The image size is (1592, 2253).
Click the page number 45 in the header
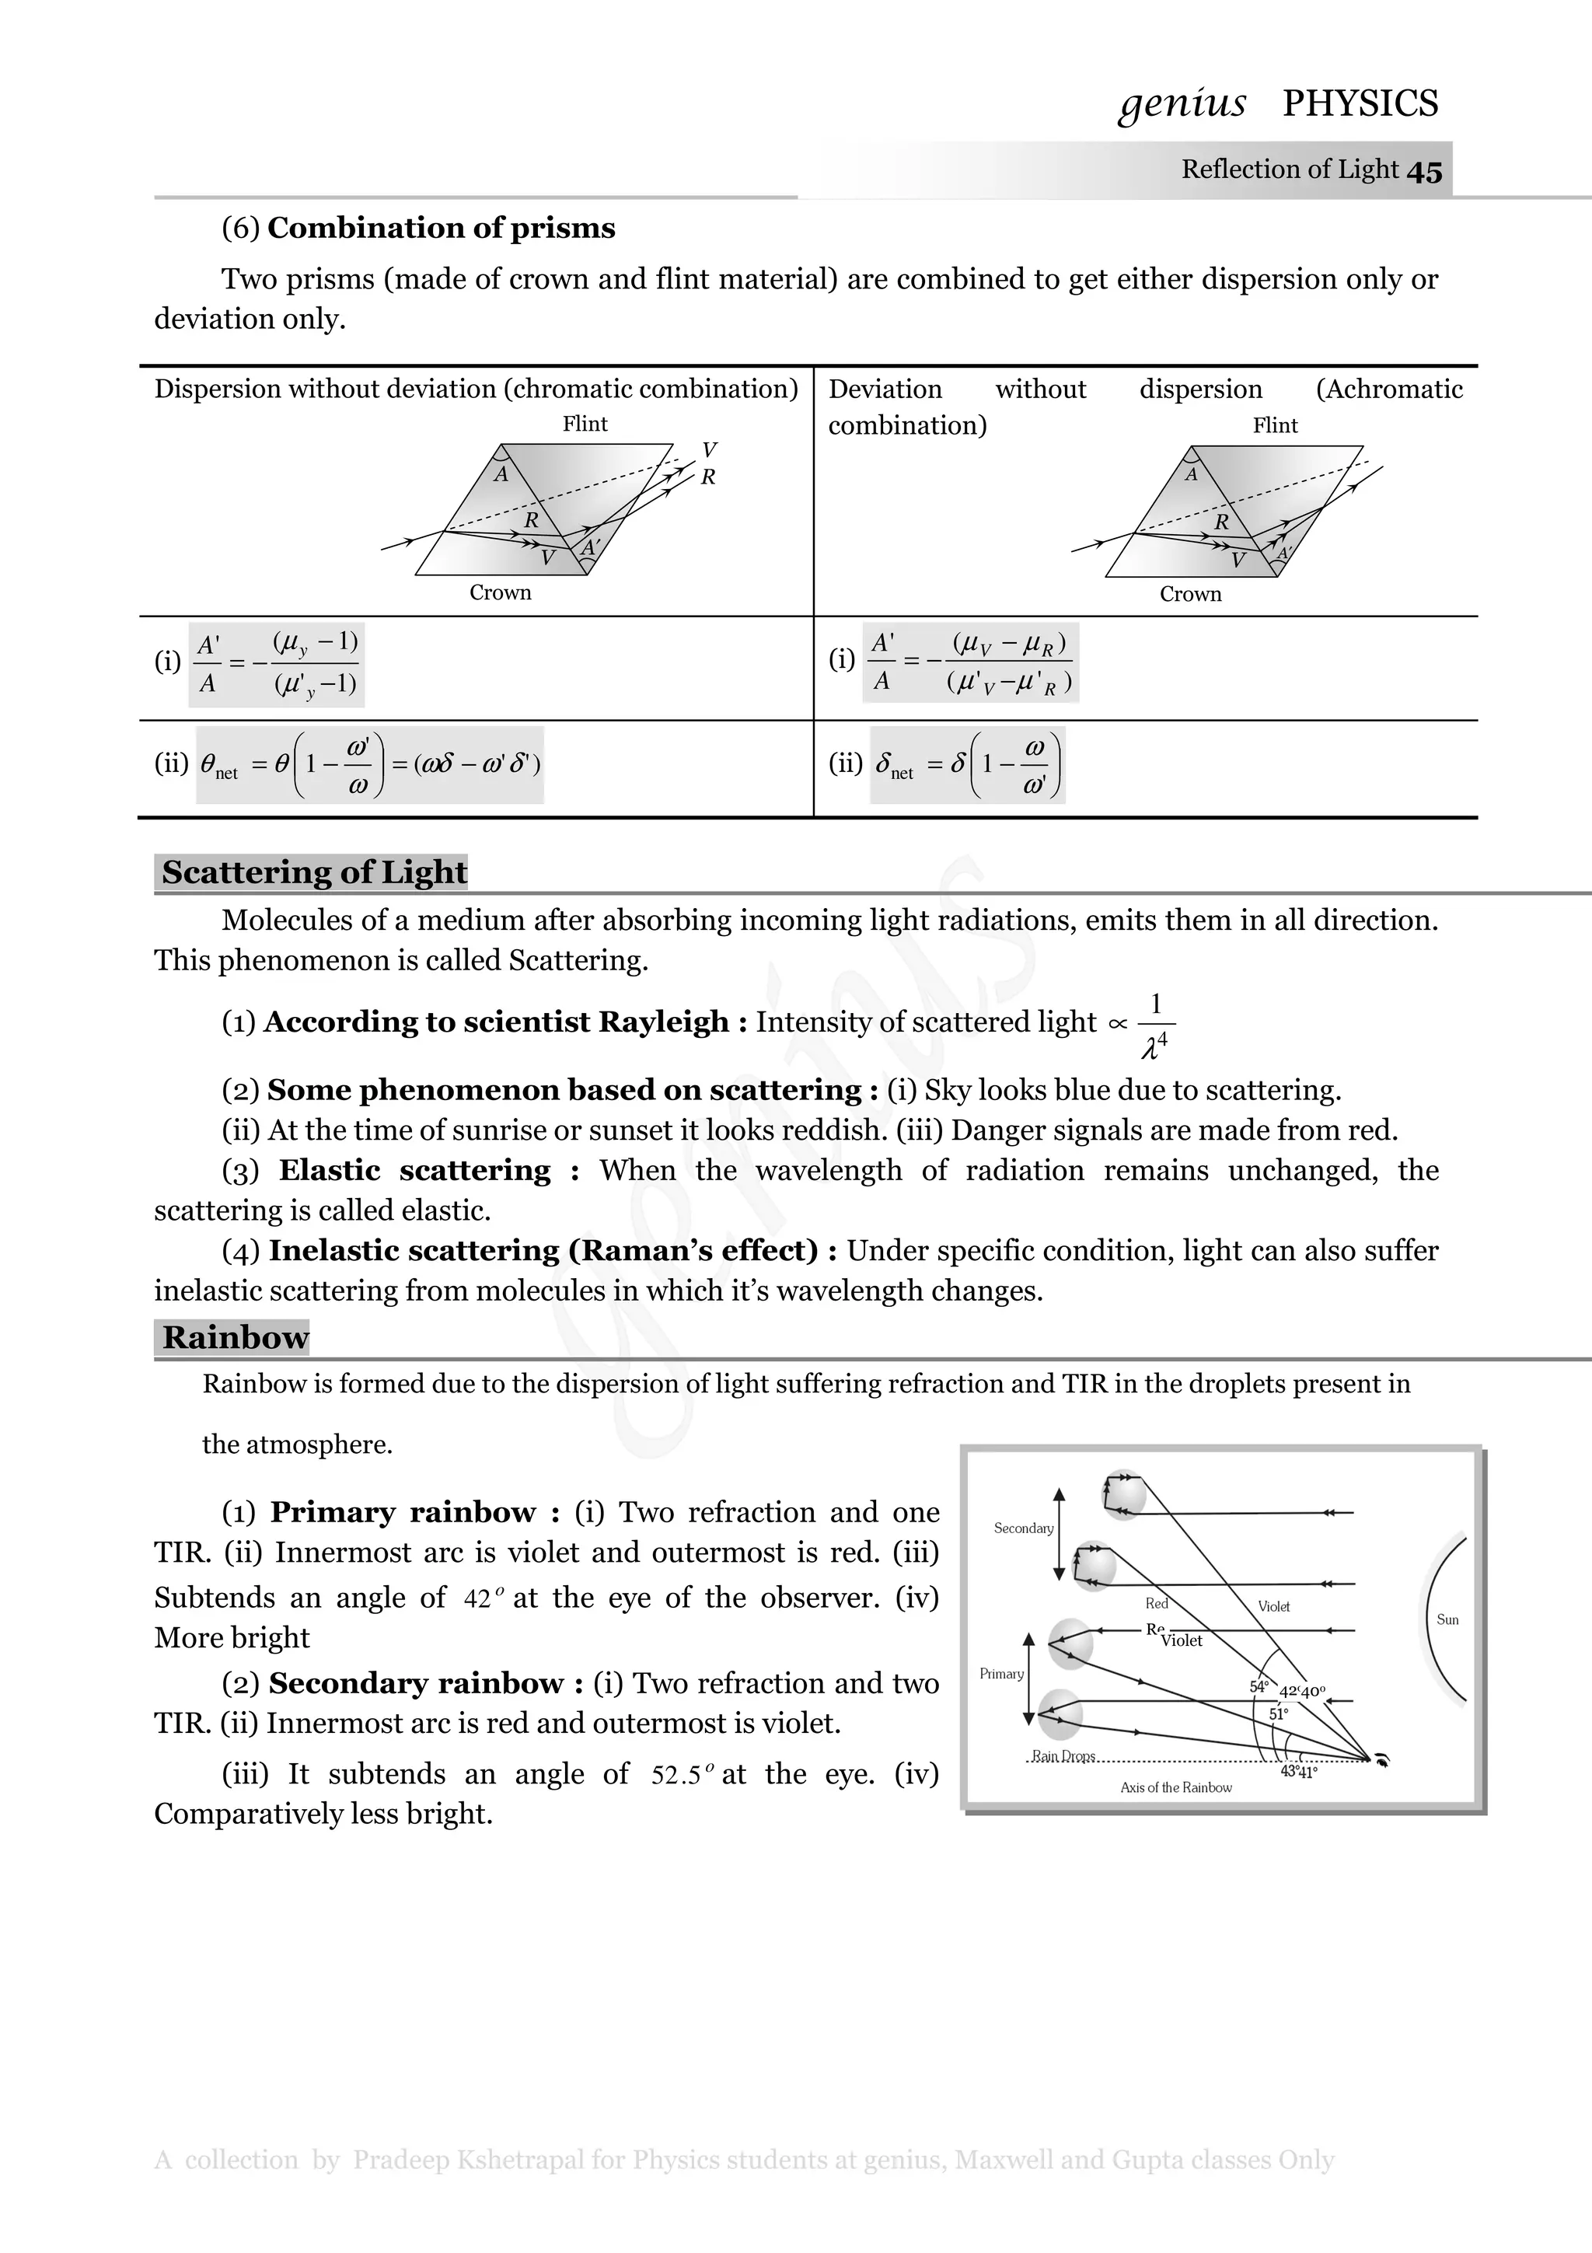click(1424, 172)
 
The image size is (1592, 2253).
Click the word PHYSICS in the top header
click(1360, 103)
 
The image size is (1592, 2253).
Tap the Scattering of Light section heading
click(314, 872)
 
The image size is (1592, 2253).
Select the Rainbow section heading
click(235, 1336)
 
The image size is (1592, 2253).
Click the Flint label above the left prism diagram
click(585, 424)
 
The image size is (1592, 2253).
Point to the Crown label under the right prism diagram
click(1190, 594)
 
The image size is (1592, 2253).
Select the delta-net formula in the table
click(967, 764)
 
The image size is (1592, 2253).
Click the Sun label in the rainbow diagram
click(1447, 1619)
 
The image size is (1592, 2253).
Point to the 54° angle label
click(1259, 1685)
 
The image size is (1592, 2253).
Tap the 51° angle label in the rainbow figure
click(1278, 1713)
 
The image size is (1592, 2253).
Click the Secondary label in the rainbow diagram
click(1023, 1528)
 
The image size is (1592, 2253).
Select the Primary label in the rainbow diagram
click(1001, 1673)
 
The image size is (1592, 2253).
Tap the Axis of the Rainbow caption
click(1175, 1787)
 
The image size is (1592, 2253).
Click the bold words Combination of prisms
click(441, 228)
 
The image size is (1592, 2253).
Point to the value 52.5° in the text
click(682, 1774)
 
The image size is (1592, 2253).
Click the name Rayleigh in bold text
click(663, 1022)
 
